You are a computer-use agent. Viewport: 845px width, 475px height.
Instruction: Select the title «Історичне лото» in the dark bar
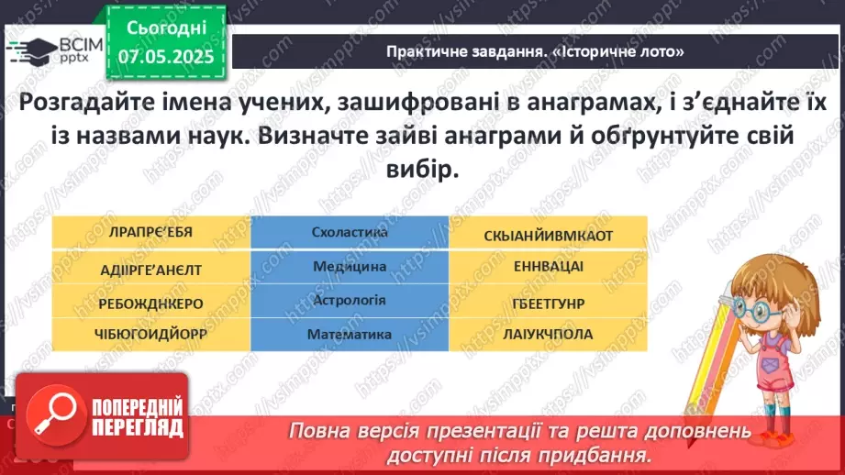click(535, 52)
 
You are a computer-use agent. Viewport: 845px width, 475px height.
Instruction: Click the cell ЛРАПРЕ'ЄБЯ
click(151, 234)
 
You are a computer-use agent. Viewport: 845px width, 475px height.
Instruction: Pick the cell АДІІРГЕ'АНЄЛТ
click(151, 269)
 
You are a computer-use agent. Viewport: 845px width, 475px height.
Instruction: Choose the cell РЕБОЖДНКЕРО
click(151, 302)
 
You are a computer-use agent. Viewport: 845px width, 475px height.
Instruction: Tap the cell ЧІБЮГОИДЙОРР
click(151, 334)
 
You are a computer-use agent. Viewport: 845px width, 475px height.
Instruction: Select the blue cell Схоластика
click(350, 233)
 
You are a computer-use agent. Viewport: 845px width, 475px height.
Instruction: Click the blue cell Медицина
click(350, 267)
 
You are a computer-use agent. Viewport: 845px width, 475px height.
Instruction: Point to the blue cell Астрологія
click(350, 301)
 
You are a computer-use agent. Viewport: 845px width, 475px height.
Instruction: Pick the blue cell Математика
click(350, 335)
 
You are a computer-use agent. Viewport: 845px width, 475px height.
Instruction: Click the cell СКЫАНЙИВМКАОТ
click(549, 235)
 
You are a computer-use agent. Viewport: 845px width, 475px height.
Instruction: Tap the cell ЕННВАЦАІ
click(549, 268)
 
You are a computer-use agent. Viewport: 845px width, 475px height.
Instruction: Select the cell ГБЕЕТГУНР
click(549, 302)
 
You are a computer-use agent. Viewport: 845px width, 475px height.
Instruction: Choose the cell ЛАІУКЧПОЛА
click(549, 335)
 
